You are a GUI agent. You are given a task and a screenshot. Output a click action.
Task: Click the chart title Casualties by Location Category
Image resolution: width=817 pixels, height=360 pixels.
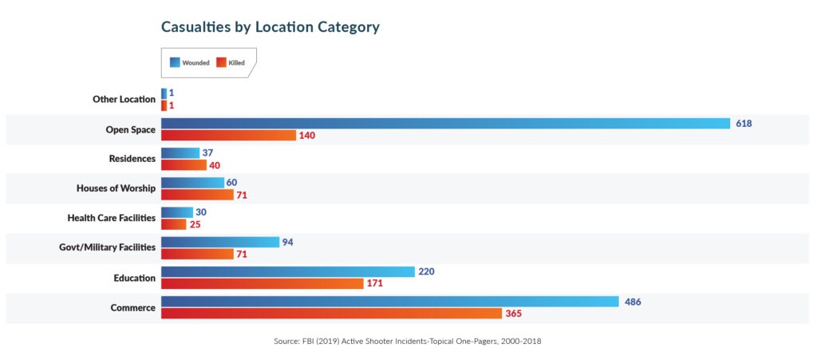(x=270, y=27)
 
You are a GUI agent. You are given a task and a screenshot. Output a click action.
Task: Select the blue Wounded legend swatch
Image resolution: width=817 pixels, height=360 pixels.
(x=175, y=62)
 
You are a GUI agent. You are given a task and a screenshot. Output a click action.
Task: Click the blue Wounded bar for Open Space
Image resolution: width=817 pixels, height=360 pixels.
(x=445, y=123)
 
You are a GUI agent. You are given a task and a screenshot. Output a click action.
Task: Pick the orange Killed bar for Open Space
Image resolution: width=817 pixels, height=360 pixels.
(x=228, y=135)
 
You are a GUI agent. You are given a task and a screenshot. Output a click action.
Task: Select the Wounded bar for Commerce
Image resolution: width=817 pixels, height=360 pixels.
(x=389, y=301)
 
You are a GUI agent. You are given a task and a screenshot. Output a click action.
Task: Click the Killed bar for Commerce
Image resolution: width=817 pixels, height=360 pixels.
(x=331, y=313)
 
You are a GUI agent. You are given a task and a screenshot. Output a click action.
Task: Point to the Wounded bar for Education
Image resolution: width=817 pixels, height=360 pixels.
(x=287, y=271)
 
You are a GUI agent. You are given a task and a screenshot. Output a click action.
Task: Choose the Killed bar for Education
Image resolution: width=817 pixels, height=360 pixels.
(x=262, y=283)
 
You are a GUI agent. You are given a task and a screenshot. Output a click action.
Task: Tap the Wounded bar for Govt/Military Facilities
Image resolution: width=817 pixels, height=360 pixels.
(x=219, y=242)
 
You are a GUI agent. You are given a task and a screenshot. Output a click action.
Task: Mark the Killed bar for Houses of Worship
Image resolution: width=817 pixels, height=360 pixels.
(x=197, y=194)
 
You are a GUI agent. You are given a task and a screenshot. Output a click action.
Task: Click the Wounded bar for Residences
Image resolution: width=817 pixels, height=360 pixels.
(x=180, y=152)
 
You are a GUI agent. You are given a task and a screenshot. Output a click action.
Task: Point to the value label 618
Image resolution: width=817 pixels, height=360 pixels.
(x=744, y=124)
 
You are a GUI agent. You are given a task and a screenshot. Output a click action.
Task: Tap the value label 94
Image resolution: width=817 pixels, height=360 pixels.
(x=289, y=242)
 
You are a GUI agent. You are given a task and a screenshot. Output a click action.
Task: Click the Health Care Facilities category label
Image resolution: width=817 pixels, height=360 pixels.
(x=111, y=218)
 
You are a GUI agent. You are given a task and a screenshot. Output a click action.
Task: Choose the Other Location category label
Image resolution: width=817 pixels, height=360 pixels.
(x=124, y=100)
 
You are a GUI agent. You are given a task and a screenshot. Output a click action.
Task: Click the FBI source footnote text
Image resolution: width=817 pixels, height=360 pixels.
(x=407, y=342)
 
